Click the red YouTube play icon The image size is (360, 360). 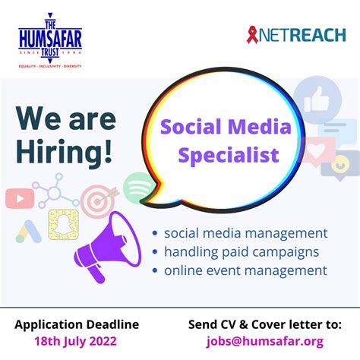pyautogui.click(x=19, y=198)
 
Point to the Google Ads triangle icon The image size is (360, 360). pyautogui.click(x=28, y=230)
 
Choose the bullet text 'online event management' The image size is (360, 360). pyautogui.click(x=245, y=270)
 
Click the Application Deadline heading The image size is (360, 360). pyautogui.click(x=77, y=324)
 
